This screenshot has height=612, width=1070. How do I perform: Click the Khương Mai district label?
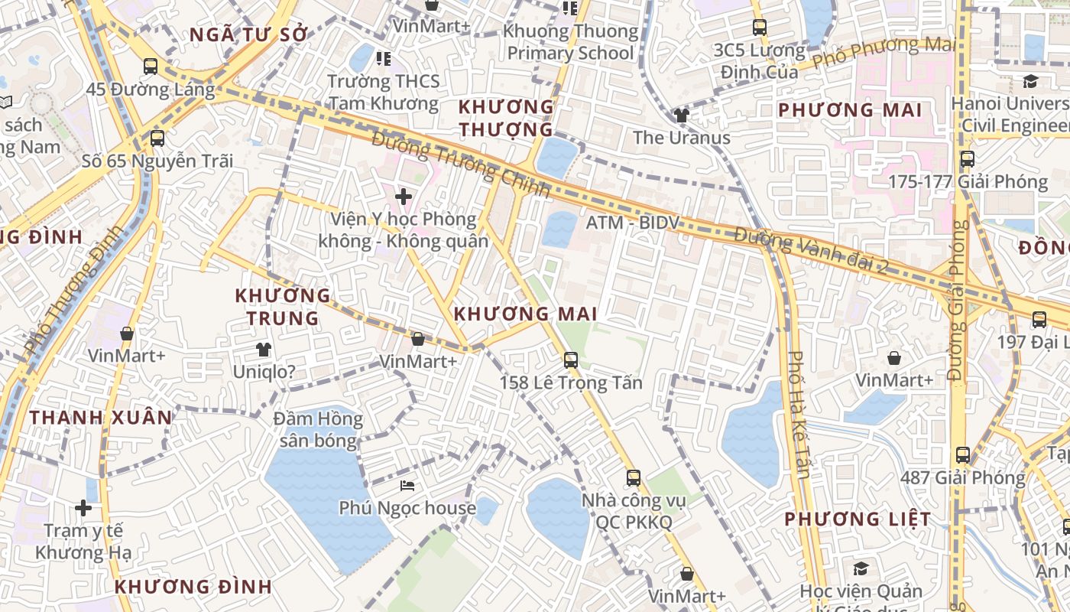pyautogui.click(x=525, y=314)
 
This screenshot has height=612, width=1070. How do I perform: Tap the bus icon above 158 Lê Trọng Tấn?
pyautogui.click(x=571, y=360)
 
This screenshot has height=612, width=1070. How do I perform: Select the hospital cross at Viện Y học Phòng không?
pyautogui.click(x=404, y=197)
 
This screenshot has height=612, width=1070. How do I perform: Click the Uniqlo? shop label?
pyautogui.click(x=264, y=372)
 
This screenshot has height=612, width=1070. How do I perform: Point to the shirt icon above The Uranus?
pyautogui.click(x=681, y=116)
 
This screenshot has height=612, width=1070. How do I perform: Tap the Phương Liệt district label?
pyautogui.click(x=858, y=519)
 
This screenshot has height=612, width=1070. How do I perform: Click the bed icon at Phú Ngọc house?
pyautogui.click(x=407, y=486)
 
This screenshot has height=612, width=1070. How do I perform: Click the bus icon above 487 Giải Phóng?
pyautogui.click(x=963, y=455)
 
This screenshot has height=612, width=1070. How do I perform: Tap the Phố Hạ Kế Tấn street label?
pyautogui.click(x=799, y=414)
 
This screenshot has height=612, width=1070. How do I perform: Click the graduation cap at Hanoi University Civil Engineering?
pyautogui.click(x=1030, y=81)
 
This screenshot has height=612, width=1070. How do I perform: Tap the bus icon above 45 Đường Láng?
pyautogui.click(x=151, y=67)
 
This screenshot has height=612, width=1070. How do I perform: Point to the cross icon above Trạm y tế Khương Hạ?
pyautogui.click(x=83, y=508)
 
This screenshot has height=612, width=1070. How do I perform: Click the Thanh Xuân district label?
pyautogui.click(x=101, y=418)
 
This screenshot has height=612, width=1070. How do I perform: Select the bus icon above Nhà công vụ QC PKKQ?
pyautogui.click(x=633, y=478)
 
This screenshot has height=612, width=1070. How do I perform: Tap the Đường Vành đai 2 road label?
pyautogui.click(x=810, y=251)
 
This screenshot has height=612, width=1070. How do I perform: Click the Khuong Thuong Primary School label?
pyautogui.click(x=571, y=42)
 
